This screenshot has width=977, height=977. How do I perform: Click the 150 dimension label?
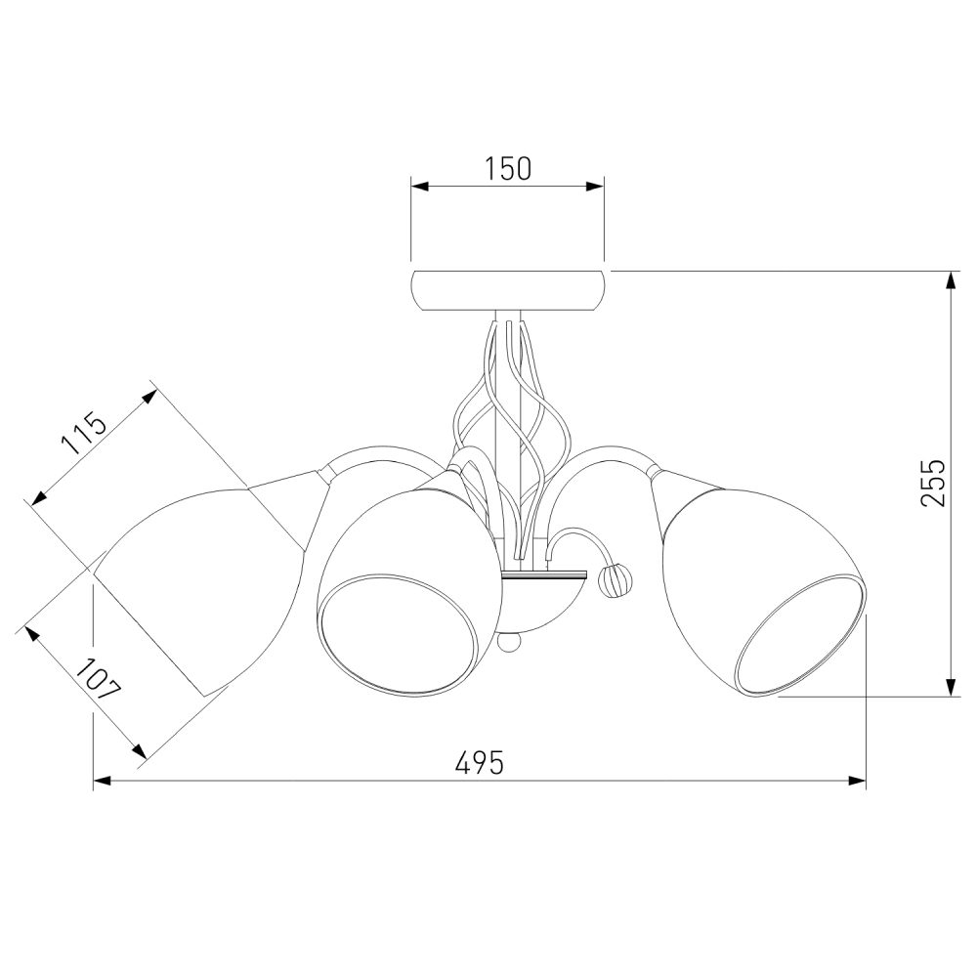[x=508, y=168]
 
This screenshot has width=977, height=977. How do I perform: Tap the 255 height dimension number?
[x=933, y=483]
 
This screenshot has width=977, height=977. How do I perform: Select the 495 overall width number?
[x=479, y=762]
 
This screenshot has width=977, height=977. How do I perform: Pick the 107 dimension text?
[x=98, y=679]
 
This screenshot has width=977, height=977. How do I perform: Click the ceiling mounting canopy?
[x=508, y=290]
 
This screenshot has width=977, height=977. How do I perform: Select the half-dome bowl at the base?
[x=544, y=603]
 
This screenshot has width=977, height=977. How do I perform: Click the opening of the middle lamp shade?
[x=402, y=635]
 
